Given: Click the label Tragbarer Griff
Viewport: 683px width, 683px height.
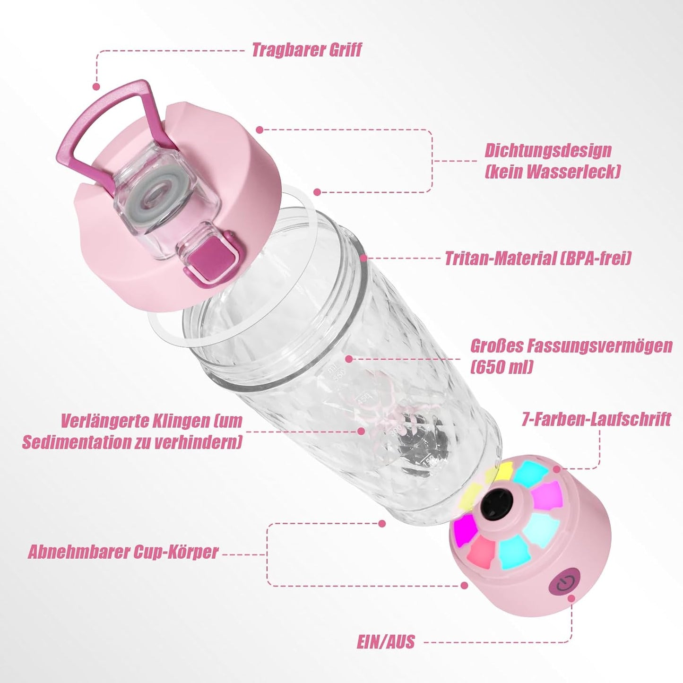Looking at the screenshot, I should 306,50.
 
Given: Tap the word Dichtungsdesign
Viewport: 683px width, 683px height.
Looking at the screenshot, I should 548,151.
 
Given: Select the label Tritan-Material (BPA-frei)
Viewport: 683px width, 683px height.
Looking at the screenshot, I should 537,259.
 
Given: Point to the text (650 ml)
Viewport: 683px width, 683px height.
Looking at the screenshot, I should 502,367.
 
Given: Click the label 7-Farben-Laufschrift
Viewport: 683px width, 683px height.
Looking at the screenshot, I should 596,419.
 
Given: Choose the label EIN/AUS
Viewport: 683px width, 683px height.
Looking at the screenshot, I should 386,642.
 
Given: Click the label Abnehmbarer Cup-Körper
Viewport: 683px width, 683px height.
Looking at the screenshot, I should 123,552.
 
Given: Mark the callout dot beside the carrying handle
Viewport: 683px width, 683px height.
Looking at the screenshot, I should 96,86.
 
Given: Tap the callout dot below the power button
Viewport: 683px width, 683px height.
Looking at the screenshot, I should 571,598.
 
